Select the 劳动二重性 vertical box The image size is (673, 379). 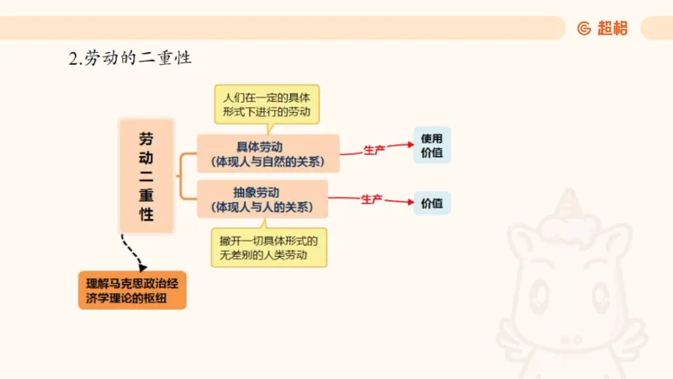[x=146, y=175]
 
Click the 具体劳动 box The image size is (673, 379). [x=268, y=152]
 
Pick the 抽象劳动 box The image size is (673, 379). [x=268, y=199]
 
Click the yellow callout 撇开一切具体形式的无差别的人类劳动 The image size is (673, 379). [x=269, y=248]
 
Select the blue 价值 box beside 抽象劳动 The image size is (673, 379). [x=432, y=202]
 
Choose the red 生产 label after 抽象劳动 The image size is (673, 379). [x=372, y=199]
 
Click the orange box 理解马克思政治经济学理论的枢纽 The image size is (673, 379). [x=131, y=289]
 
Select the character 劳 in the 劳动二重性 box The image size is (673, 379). [x=146, y=138]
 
